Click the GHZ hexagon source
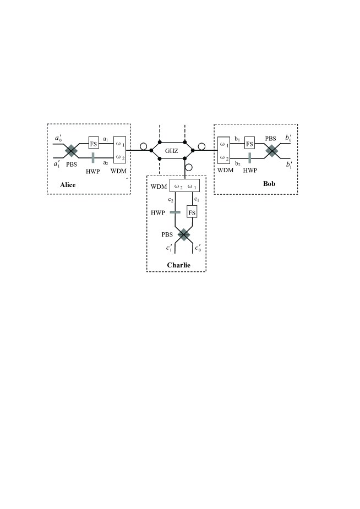coord(172,149)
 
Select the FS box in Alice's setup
coord(93,144)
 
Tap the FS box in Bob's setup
coord(250,144)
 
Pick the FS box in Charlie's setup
coord(192,212)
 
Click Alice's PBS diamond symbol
coord(71,151)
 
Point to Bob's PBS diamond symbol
coord(271,151)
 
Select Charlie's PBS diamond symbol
coord(183,235)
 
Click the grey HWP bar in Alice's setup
coord(93,158)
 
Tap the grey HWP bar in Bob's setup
coord(250,158)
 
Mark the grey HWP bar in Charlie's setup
coord(175,212)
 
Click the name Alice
coord(68,185)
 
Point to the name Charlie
coord(178,265)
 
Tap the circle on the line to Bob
coord(201,147)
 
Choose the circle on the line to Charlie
coord(188,167)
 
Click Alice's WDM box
coord(119,150)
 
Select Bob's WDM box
coord(223,150)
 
